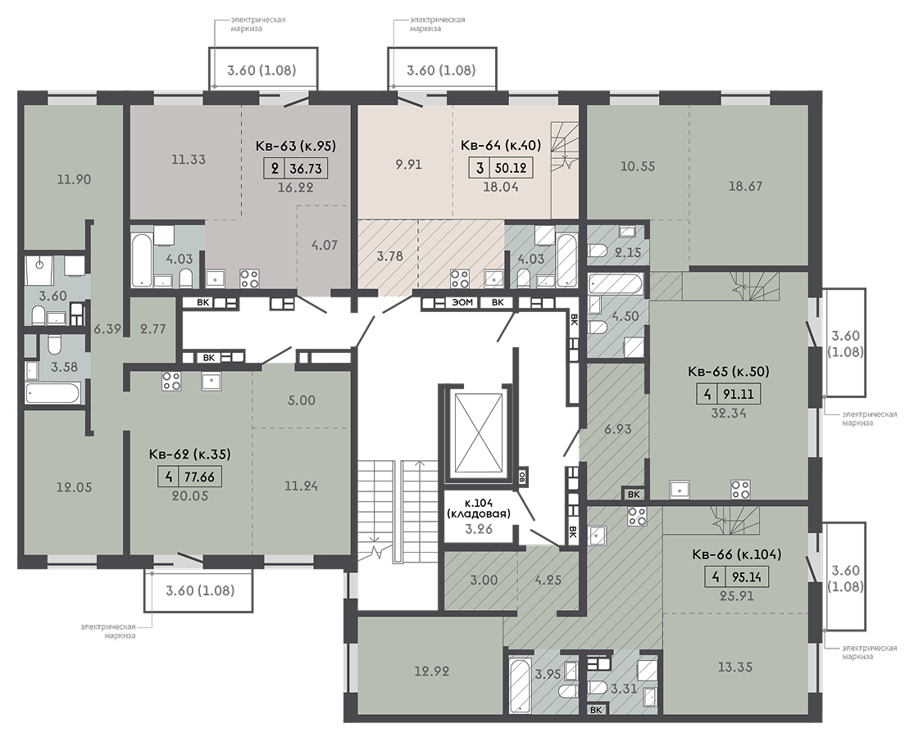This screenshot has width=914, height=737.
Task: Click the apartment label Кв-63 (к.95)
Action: [x=296, y=146]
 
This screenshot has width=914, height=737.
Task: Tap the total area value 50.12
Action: [x=511, y=168]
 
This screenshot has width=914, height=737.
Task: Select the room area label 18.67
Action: [x=745, y=186]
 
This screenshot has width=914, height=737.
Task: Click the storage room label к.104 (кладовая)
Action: [x=478, y=509]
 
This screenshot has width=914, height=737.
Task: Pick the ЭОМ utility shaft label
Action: [x=462, y=303]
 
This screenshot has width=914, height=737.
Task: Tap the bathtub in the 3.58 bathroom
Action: [x=52, y=393]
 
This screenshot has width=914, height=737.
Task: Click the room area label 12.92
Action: [x=432, y=671]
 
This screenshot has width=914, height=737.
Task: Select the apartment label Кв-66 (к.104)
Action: [x=737, y=554]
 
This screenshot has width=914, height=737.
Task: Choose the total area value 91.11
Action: [x=739, y=394]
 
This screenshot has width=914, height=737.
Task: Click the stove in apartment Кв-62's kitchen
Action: [x=171, y=381]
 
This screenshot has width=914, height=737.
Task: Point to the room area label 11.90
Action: [x=74, y=179]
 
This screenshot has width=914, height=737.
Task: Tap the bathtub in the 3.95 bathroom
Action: [x=520, y=685]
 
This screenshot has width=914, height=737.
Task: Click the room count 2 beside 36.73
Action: [x=275, y=169]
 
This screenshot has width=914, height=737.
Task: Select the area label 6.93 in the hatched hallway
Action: [x=618, y=430]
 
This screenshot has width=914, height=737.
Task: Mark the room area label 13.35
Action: [x=735, y=667]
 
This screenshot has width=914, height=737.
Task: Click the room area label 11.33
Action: [x=189, y=160]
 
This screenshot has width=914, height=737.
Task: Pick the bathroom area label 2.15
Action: [x=629, y=253]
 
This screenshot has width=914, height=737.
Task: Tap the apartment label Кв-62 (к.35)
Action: [x=190, y=454]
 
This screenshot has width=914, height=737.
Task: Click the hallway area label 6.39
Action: [x=107, y=329]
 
